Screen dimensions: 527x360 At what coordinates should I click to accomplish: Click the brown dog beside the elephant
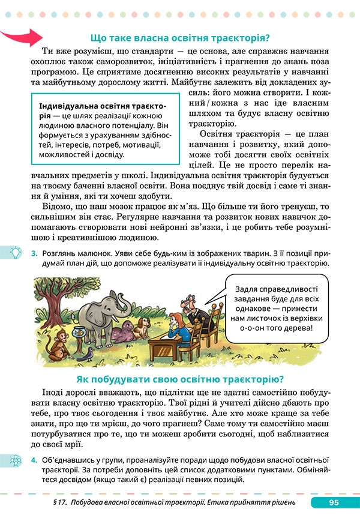[142, 327]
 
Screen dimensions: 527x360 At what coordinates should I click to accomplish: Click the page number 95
[335, 503]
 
